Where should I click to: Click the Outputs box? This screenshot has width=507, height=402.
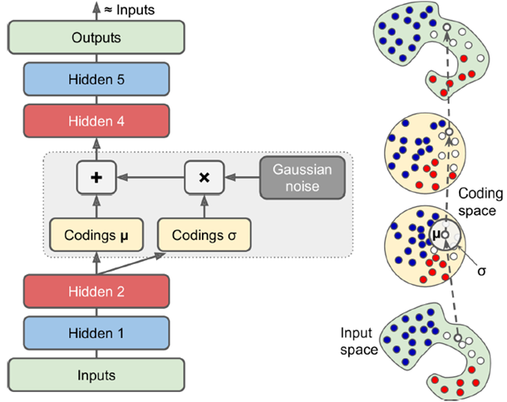[x=96, y=37]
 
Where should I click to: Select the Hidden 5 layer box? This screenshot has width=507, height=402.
[x=96, y=79]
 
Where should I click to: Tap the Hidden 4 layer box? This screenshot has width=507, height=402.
[x=96, y=121]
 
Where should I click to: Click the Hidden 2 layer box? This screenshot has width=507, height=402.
[x=96, y=292]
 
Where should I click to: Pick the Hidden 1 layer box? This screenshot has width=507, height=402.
[x=96, y=333]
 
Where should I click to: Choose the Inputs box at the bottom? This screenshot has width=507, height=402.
[x=96, y=375]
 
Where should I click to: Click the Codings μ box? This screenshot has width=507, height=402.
[x=96, y=235]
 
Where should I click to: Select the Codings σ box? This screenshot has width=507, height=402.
[x=204, y=235]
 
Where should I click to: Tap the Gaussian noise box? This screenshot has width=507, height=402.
[x=303, y=178]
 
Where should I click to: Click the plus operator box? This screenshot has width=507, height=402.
[x=96, y=178]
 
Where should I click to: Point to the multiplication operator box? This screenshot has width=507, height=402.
[x=204, y=178]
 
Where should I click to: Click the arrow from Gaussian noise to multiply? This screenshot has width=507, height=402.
[x=242, y=177]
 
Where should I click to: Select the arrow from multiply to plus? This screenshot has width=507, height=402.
[x=150, y=177]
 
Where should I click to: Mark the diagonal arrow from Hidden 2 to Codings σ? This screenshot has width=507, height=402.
[x=131, y=263]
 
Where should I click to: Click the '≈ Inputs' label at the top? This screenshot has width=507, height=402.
[x=130, y=10]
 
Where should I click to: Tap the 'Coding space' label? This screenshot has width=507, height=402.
[x=480, y=202]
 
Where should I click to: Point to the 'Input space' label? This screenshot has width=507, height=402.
[x=359, y=341]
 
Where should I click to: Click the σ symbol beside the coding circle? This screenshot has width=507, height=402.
[x=482, y=271]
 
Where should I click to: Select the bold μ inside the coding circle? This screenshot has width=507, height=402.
[x=436, y=235]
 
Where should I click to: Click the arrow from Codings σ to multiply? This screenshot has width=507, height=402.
[x=204, y=207]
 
